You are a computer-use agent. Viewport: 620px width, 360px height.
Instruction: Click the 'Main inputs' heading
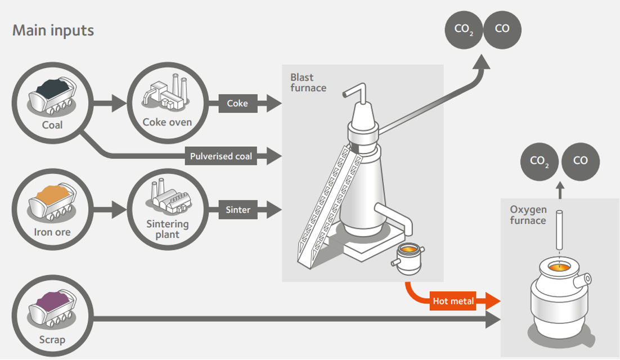pos(53,30)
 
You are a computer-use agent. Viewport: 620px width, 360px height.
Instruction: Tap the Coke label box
pos(237,103)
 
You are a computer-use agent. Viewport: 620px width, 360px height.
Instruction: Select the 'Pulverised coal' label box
pos(221,156)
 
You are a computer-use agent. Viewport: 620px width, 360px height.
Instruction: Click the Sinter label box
pos(238,210)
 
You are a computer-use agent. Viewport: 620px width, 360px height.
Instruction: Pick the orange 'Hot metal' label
pos(453,301)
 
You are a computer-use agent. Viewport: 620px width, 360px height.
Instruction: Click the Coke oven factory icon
pos(165,92)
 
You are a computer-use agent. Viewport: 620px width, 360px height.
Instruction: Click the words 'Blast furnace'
pos(308,83)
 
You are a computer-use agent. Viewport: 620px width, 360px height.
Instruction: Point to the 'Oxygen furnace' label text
pos(528,215)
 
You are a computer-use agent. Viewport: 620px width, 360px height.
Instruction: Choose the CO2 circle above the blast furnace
pos(464,30)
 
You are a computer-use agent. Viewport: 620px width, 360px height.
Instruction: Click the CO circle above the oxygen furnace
pos(581,161)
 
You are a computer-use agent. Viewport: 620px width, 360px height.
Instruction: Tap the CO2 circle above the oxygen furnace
pos(540,161)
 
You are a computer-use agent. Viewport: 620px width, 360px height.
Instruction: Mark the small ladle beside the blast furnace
pos(408,258)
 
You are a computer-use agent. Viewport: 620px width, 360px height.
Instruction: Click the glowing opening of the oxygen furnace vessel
pos(560,267)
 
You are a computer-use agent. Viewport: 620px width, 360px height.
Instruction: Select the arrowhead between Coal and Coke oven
pos(120,103)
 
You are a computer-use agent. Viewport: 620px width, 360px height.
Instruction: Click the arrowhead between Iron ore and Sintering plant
pos(120,210)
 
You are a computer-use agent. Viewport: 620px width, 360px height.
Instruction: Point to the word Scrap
pos(52,340)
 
